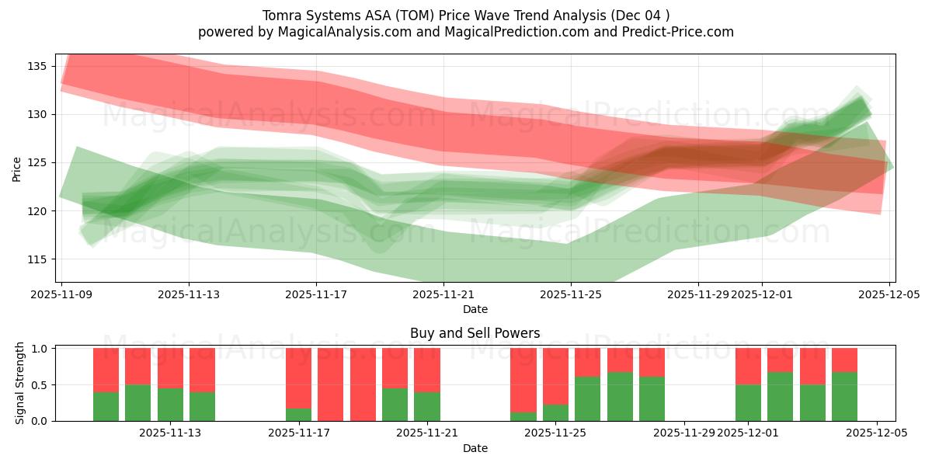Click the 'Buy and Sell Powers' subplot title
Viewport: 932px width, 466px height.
point(475,333)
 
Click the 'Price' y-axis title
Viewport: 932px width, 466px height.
point(16,168)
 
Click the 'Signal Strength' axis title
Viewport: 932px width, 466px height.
point(20,383)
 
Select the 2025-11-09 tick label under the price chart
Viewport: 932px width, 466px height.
point(61,294)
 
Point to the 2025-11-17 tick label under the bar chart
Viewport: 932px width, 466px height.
point(299,433)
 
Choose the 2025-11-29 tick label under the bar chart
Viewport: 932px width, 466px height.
point(684,433)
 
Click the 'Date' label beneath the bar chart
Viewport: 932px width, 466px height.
point(475,448)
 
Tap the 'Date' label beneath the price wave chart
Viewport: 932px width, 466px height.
point(475,309)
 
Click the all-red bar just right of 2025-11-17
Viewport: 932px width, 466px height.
point(330,384)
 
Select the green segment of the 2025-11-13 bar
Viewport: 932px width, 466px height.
point(170,405)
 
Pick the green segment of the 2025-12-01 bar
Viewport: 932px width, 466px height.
point(748,403)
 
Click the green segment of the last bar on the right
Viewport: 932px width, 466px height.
point(844,397)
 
